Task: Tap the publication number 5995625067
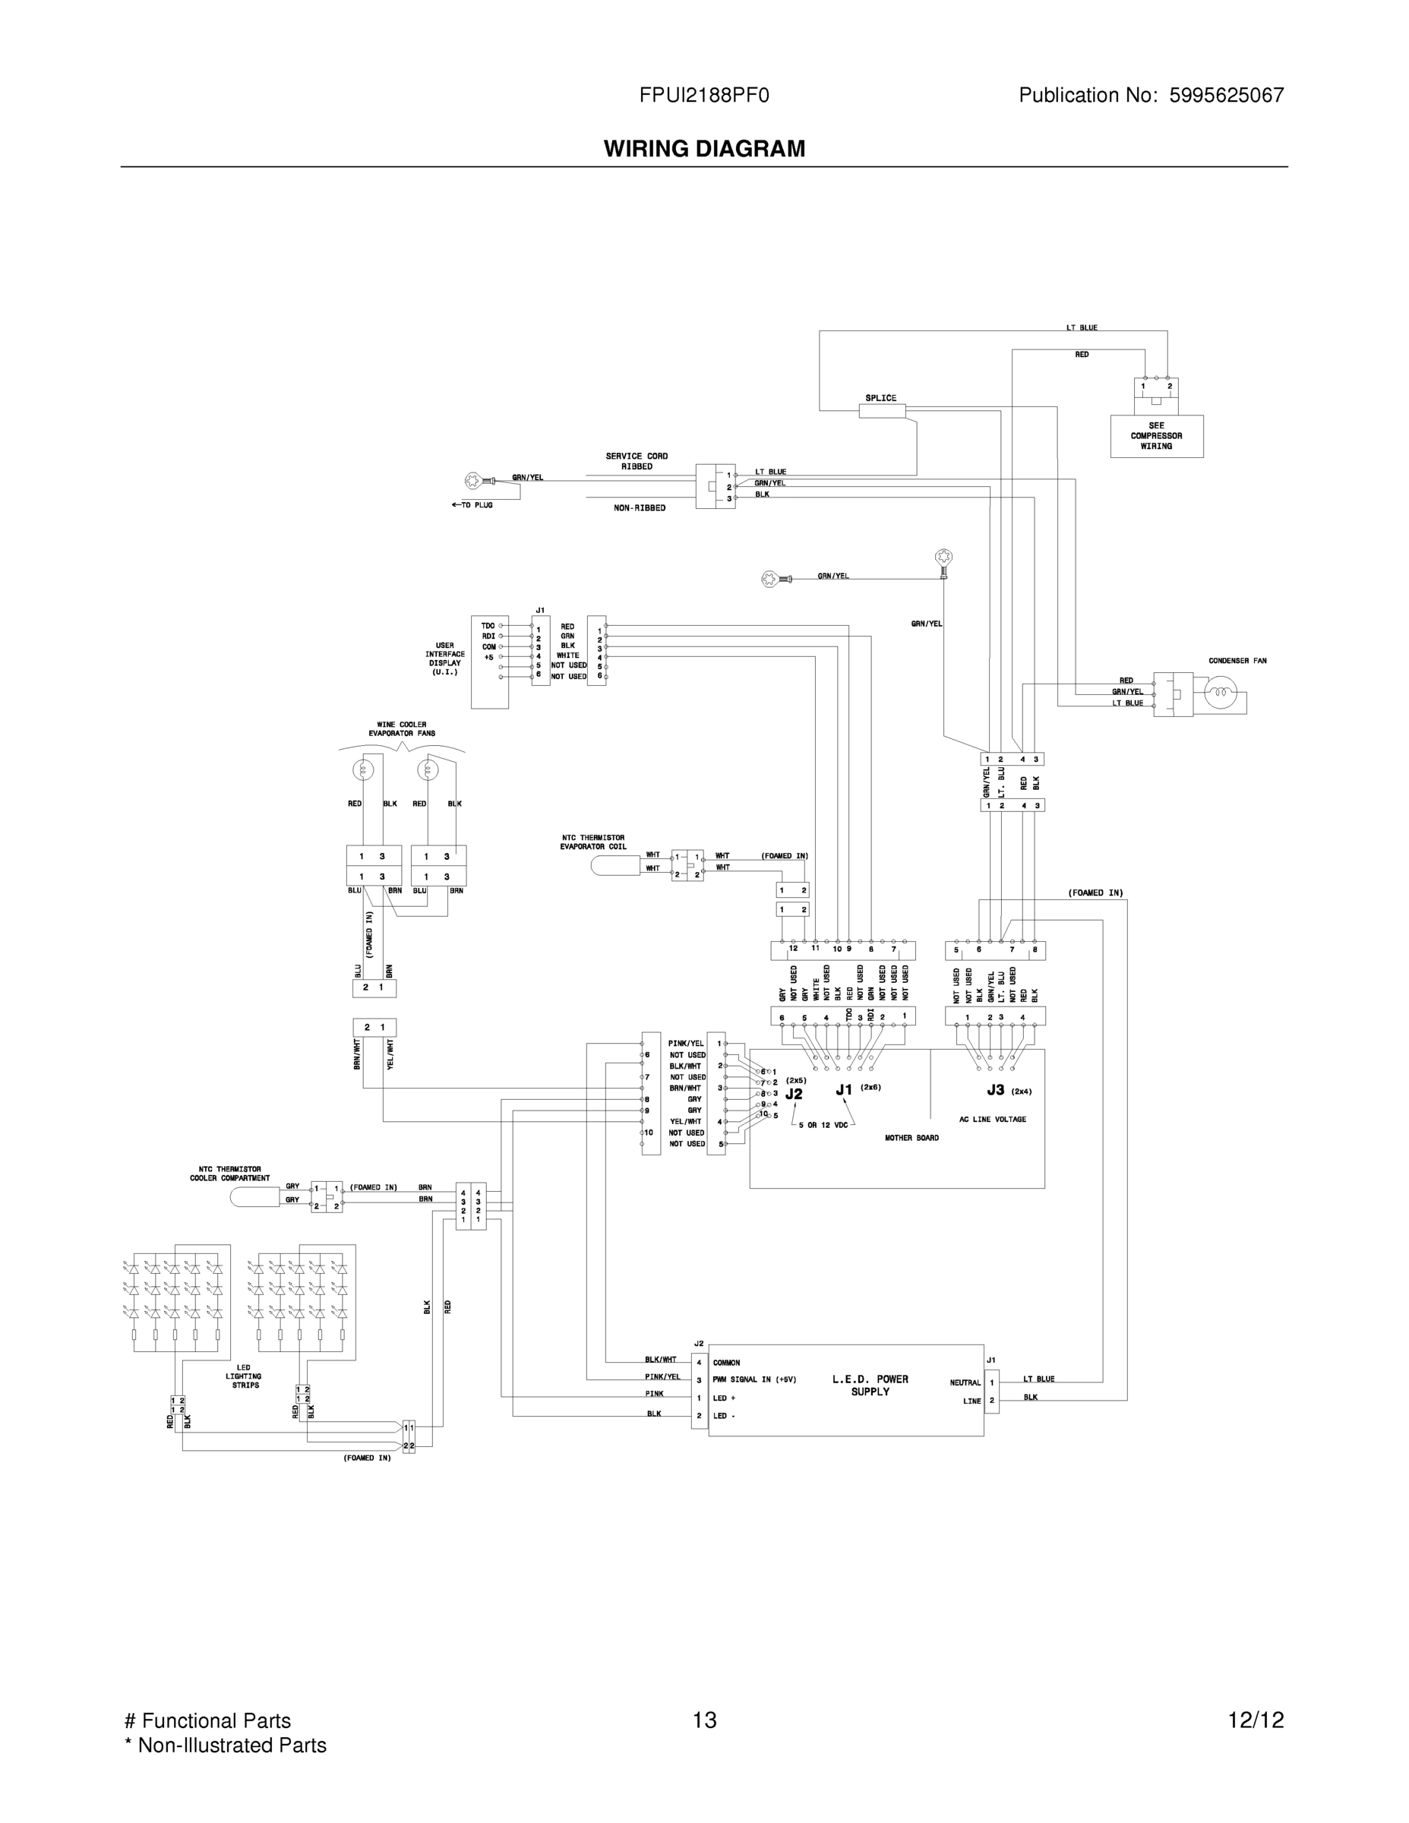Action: point(1226,96)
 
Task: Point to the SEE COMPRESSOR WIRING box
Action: point(1156,436)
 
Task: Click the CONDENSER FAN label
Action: point(1237,661)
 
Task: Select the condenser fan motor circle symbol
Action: point(1221,693)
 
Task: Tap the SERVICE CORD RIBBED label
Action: point(637,462)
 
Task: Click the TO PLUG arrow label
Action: point(472,505)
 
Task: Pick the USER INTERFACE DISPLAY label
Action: point(445,659)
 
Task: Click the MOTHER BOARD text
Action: point(911,1138)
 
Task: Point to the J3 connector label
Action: point(995,1089)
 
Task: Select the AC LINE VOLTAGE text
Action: point(993,1120)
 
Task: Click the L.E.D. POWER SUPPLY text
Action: point(870,1385)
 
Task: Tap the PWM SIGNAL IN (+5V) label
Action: point(754,1379)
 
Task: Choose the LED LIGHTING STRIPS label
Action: point(245,1376)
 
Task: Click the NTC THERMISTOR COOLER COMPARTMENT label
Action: point(229,1174)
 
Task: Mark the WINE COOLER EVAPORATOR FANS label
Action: point(402,728)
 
